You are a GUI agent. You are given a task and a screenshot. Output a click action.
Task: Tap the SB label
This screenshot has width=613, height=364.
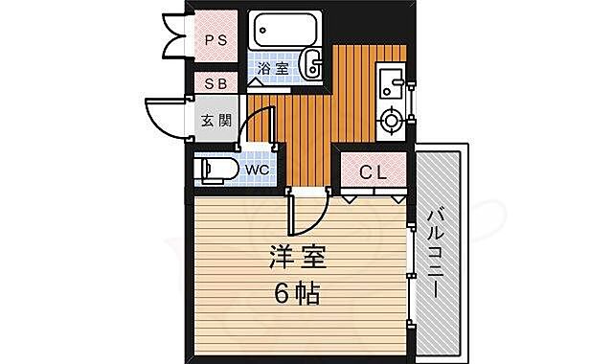(216, 84)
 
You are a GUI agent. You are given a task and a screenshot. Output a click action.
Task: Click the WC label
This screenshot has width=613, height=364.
(255, 171)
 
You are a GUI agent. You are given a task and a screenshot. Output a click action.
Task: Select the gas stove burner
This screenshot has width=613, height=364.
(391, 121)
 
